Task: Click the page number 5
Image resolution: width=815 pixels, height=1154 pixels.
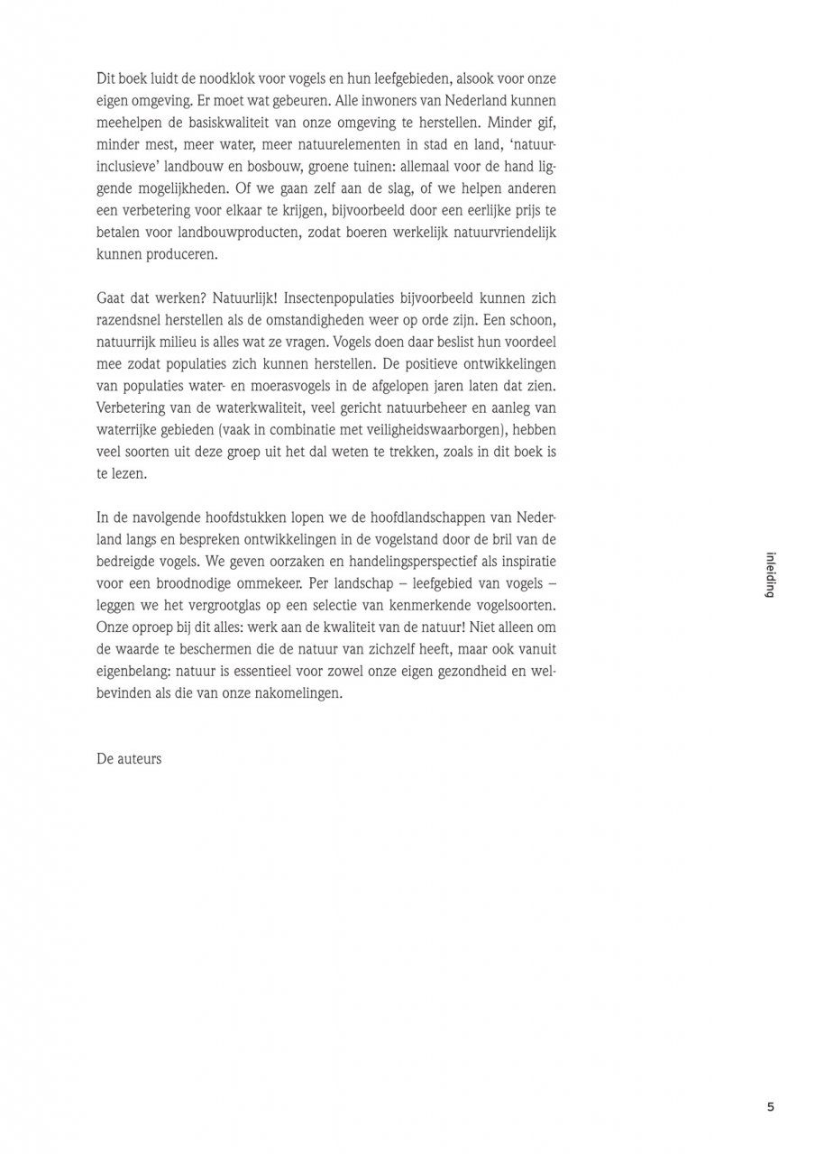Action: tap(770, 1107)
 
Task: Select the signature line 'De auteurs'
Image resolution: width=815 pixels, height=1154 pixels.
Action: tap(129, 758)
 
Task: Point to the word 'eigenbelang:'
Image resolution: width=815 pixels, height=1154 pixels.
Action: tap(135, 670)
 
